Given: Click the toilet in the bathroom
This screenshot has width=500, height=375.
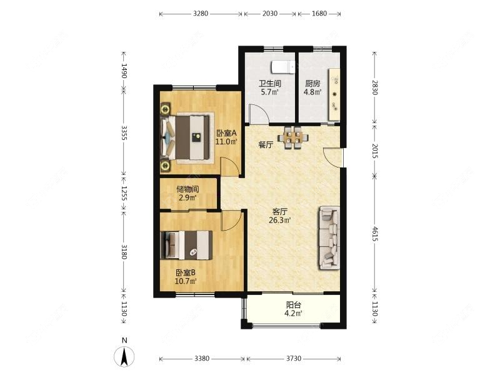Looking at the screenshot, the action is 283,67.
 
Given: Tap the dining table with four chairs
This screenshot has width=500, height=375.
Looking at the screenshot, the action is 292,138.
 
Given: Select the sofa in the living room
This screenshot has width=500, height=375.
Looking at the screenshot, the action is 329,238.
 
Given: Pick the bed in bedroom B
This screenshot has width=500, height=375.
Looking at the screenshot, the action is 186,245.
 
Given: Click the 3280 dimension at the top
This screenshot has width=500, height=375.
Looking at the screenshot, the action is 201,13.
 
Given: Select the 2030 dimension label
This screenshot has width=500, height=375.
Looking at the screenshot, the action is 270,13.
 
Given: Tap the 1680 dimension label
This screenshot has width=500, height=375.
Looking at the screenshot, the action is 319,13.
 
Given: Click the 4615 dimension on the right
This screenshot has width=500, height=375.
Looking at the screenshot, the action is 375,234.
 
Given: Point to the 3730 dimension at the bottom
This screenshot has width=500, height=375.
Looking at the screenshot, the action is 293,358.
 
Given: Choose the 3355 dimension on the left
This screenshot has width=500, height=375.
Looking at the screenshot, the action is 124,133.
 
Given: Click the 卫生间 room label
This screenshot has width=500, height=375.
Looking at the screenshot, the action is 270,84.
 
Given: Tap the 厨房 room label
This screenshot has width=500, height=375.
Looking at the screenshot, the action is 312,84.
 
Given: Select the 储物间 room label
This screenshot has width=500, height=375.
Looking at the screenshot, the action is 187,189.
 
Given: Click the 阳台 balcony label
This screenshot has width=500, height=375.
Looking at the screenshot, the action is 293,305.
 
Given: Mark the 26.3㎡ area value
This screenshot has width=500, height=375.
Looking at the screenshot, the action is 279,220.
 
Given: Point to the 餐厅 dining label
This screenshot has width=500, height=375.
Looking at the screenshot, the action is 266,145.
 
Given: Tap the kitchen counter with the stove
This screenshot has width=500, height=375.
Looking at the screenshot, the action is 334,94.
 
